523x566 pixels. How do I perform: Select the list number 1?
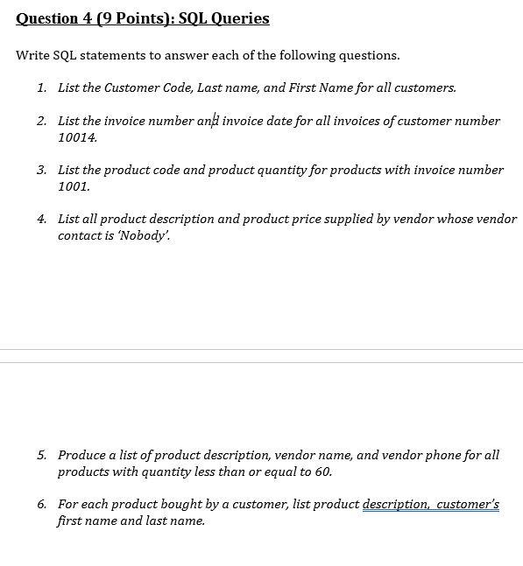(41, 87)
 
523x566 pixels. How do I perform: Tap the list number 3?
(41, 170)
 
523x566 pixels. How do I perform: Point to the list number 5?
(41, 455)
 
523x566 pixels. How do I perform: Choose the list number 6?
(41, 504)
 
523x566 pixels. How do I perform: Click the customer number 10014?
(77, 137)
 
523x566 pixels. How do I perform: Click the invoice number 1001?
(74, 186)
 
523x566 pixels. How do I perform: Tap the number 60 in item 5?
(323, 472)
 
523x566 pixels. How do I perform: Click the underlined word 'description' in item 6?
(396, 504)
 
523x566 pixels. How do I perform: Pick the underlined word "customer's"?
(468, 504)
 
